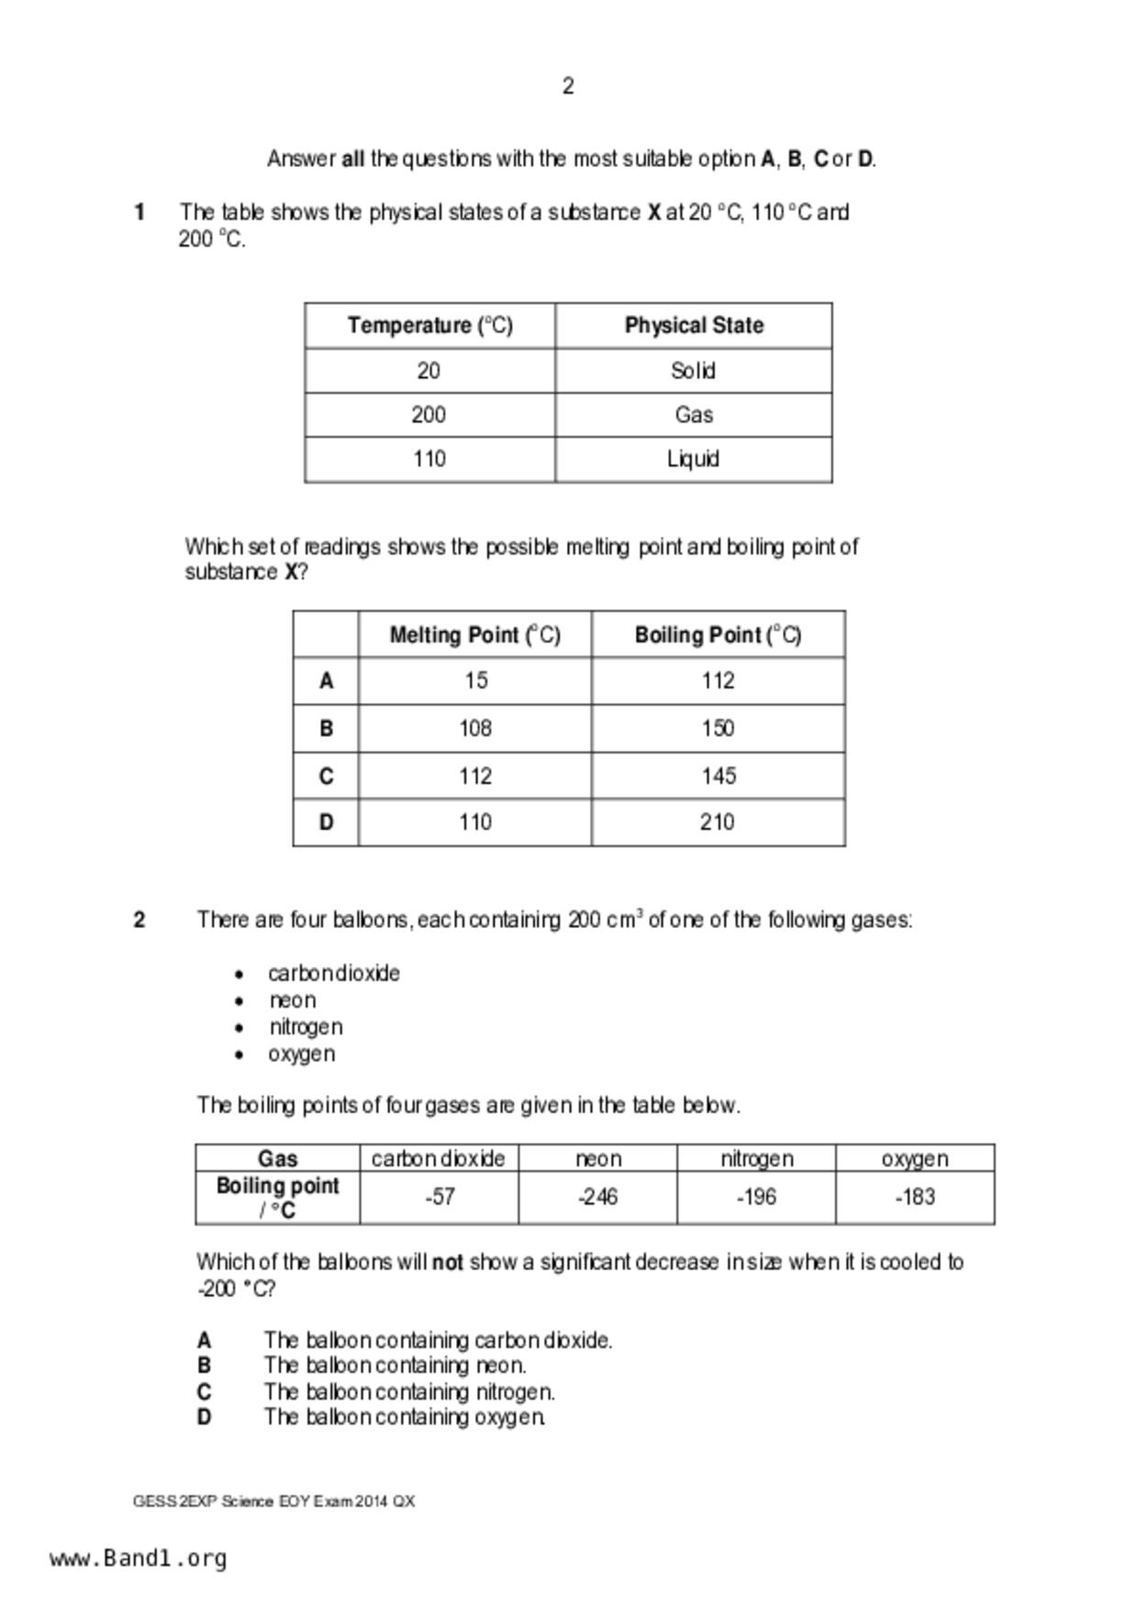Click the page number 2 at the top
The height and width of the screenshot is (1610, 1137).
pyautogui.click(x=568, y=86)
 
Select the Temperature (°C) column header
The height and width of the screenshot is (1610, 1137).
pyautogui.click(x=429, y=326)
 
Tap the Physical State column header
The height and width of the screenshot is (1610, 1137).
pyautogui.click(x=694, y=326)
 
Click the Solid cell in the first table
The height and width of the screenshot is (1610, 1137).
pyautogui.click(x=693, y=371)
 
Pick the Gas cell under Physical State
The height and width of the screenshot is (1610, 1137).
pyautogui.click(x=694, y=415)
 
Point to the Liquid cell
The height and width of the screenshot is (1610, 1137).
pyautogui.click(x=693, y=459)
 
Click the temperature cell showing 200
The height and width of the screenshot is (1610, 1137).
pyautogui.click(x=429, y=415)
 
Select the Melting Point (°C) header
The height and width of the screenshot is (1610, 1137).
pyautogui.click(x=474, y=635)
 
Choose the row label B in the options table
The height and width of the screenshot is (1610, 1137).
pyautogui.click(x=326, y=729)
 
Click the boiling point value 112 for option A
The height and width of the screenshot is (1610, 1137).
pyautogui.click(x=718, y=681)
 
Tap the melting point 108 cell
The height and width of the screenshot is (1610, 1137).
pyautogui.click(x=475, y=729)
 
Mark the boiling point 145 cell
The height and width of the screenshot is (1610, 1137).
pyautogui.click(x=719, y=777)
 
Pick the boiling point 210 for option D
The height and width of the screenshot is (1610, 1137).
pyautogui.click(x=717, y=822)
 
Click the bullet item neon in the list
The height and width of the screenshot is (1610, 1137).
pyautogui.click(x=293, y=1001)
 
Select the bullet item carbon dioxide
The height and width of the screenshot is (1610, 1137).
pyautogui.click(x=334, y=974)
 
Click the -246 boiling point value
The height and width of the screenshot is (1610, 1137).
pyautogui.click(x=597, y=1197)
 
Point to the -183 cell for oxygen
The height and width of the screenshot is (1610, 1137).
pyautogui.click(x=915, y=1197)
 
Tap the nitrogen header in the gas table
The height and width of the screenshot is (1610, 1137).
pyautogui.click(x=756, y=1159)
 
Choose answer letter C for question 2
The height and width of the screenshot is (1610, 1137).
pyautogui.click(x=204, y=1392)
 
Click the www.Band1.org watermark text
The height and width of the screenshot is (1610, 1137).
pyautogui.click(x=139, y=1559)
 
